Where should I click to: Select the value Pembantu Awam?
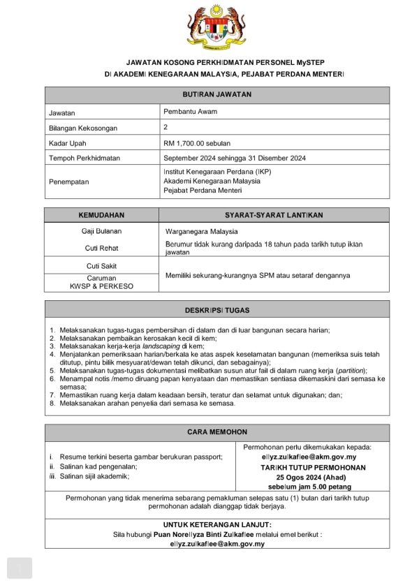190,112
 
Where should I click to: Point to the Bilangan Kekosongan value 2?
166,127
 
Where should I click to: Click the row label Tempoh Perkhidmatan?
84,158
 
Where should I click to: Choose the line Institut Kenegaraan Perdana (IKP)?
217,171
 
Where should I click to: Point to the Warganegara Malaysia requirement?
202,231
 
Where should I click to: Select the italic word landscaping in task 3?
160,346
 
